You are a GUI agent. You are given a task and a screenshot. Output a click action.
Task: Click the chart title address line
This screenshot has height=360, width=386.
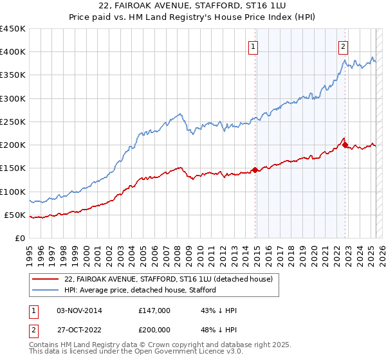[x=192, y=7]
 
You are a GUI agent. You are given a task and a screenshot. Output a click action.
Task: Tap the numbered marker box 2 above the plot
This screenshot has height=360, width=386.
[x=344, y=46]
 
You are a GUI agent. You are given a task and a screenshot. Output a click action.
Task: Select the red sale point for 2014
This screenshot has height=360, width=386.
[x=255, y=170]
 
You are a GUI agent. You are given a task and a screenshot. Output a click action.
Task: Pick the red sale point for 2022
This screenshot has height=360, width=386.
[x=345, y=145]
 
